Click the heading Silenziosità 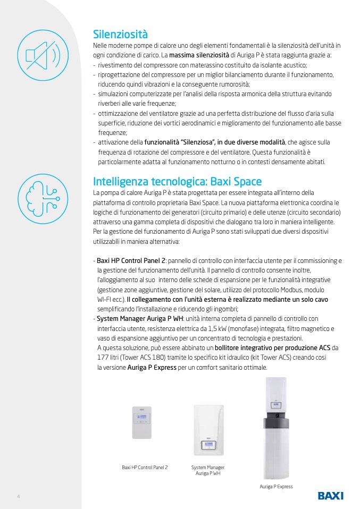click(120, 35)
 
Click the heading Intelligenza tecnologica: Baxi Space click(177, 181)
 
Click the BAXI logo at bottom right click(330, 496)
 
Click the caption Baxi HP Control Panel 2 click(145, 467)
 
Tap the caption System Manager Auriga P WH click(208, 470)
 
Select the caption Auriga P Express click(276, 486)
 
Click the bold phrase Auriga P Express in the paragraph click(152, 367)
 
